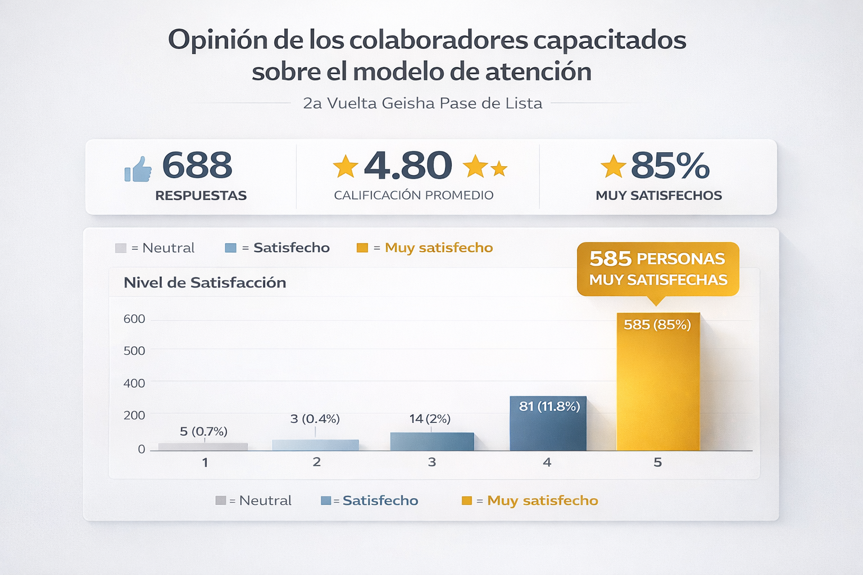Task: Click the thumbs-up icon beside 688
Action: [x=138, y=169]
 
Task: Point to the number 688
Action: [x=197, y=166]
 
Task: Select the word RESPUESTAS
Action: [x=201, y=195]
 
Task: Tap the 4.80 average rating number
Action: [x=408, y=166]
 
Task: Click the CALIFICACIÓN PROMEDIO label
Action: [x=414, y=195]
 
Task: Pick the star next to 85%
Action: [x=613, y=167]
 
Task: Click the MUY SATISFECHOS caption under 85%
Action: [x=658, y=195]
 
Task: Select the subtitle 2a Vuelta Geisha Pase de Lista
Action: [x=423, y=103]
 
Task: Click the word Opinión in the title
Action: [x=217, y=40]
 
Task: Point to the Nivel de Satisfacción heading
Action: [x=205, y=282]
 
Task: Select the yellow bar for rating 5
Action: [x=658, y=387]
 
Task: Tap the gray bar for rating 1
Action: [x=203, y=447]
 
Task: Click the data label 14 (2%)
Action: [x=430, y=419]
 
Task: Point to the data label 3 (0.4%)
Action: [x=315, y=419]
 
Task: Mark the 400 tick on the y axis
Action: [x=134, y=384]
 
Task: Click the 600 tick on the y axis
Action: [x=134, y=319]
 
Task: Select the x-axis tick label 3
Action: [x=431, y=462]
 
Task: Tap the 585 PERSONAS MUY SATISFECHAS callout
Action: [x=658, y=269]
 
